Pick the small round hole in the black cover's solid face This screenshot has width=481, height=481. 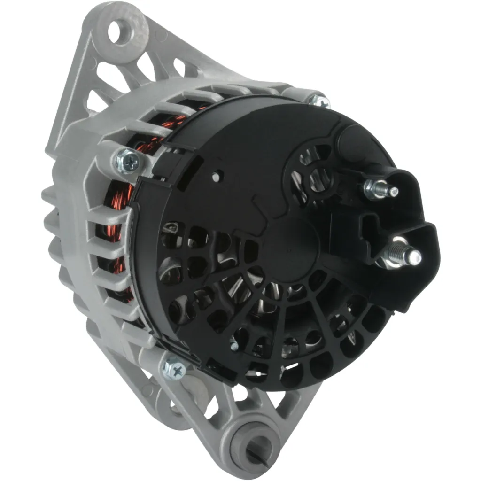[216, 178]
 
